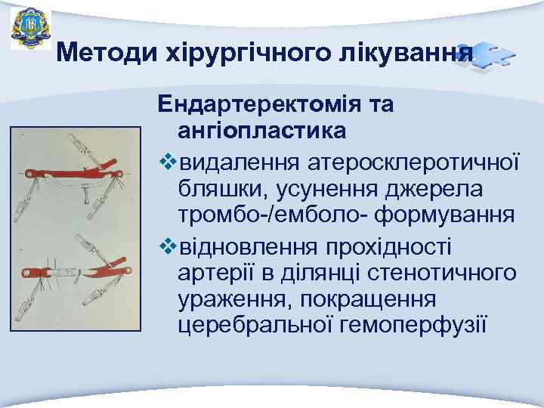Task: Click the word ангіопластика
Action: coord(262,130)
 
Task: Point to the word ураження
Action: coord(231,299)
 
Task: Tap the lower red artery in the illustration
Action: coord(76,270)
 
